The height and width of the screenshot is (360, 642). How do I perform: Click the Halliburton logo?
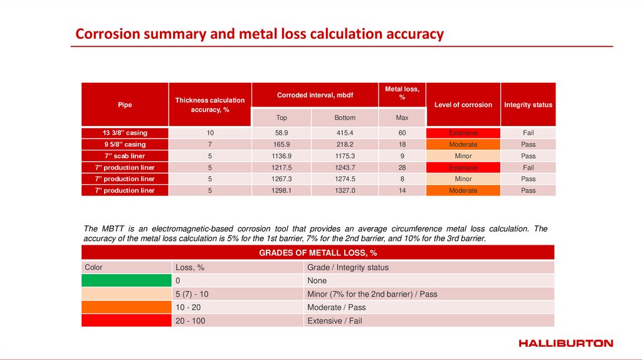(566, 343)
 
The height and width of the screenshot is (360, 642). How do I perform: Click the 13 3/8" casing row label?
(125, 133)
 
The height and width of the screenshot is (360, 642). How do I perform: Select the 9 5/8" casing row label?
(125, 144)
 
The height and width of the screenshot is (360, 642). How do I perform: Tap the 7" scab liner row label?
(125, 156)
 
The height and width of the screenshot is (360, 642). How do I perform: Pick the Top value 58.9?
(282, 133)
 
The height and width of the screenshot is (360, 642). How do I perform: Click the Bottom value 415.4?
(345, 133)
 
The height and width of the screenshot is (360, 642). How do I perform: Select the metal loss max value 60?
(402, 133)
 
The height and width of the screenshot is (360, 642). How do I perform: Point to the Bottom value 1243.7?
(345, 167)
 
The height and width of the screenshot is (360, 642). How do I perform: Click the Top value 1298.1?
(282, 191)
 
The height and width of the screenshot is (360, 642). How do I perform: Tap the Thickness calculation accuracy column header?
(210, 105)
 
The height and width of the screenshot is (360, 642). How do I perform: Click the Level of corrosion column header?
(463, 105)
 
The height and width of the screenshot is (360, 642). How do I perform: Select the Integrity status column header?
(529, 105)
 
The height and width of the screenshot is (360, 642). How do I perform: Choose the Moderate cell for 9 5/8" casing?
(463, 144)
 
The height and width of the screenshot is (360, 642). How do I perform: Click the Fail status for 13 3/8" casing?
(529, 133)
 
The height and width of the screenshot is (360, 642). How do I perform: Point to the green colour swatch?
(126, 281)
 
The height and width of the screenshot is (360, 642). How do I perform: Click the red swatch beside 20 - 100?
(126, 320)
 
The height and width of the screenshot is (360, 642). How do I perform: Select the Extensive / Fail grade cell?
(335, 320)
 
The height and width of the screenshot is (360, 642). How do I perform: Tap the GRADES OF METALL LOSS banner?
(318, 253)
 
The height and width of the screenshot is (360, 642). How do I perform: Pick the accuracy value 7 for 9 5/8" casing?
(210, 144)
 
